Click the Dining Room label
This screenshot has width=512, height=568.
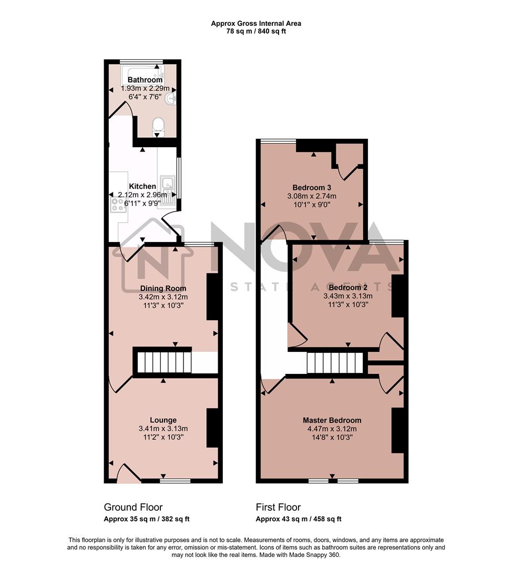(163, 288)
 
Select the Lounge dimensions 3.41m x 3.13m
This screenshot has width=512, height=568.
(163, 429)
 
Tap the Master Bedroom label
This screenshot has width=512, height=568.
(332, 420)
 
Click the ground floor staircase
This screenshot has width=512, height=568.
(163, 362)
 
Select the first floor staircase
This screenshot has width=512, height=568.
(335, 362)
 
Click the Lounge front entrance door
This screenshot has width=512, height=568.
(128, 473)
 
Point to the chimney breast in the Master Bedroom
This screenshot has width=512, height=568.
(397, 430)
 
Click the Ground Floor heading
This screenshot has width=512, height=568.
(133, 507)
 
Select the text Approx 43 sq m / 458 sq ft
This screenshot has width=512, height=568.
(299, 519)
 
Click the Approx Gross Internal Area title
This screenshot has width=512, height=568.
(256, 23)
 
